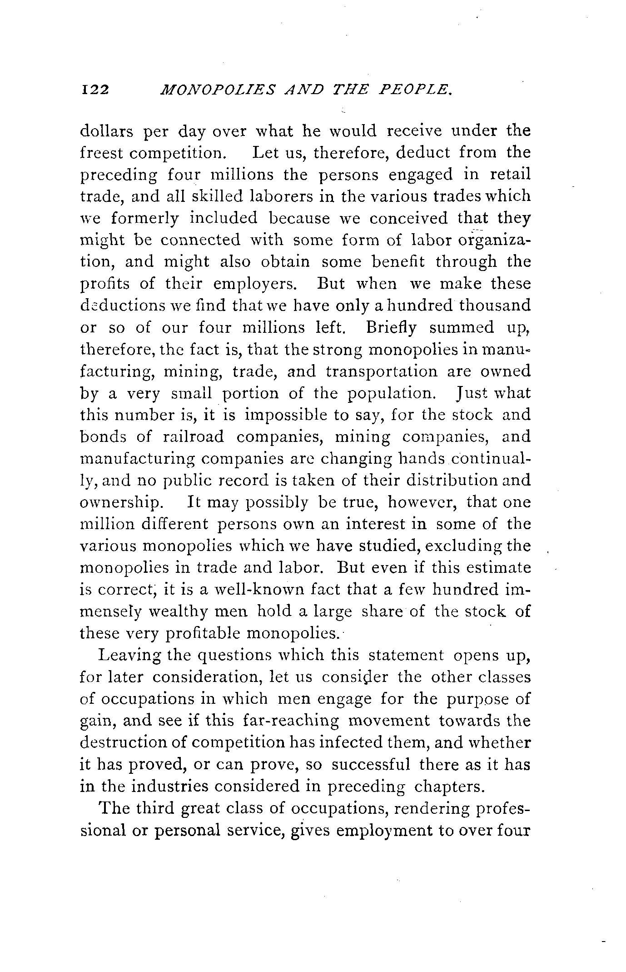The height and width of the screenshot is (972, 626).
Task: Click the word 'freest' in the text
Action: pyautogui.click(x=101, y=153)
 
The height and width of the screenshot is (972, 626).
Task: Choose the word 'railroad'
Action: pyautogui.click(x=193, y=437)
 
